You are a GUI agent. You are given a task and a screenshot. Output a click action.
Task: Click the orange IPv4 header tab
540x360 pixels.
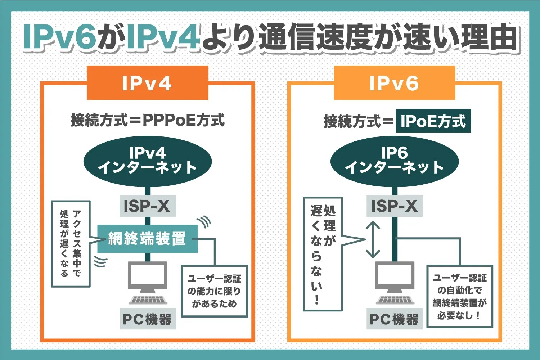(x=148, y=83)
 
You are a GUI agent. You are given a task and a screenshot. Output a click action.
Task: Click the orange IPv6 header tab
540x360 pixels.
(x=395, y=83)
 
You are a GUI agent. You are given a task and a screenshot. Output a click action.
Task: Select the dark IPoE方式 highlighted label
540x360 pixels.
(x=433, y=121)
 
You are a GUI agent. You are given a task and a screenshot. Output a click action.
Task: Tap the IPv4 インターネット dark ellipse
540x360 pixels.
(x=148, y=162)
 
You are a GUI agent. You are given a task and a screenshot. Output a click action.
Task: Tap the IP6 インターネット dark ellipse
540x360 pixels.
(x=395, y=162)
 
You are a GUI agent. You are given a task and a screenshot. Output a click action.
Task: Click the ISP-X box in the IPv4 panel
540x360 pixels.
(x=148, y=206)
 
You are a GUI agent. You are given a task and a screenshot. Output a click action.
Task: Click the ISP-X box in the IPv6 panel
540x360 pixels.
(x=395, y=206)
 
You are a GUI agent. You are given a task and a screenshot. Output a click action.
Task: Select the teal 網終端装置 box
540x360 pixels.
(x=148, y=239)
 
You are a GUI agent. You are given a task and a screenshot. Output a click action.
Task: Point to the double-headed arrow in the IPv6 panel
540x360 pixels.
(x=373, y=239)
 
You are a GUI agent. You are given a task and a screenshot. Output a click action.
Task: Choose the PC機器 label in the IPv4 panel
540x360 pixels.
(x=148, y=319)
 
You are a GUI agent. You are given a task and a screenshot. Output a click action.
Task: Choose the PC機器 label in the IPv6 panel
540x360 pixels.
(x=395, y=319)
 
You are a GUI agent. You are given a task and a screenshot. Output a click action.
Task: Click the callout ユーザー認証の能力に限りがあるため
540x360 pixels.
(x=215, y=291)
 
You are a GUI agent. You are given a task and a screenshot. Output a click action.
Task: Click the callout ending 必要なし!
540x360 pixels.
(x=460, y=296)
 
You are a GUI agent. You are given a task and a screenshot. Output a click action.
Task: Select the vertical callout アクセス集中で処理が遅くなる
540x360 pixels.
(x=71, y=244)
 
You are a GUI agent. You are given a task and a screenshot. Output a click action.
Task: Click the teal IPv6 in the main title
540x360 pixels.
(x=60, y=37)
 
